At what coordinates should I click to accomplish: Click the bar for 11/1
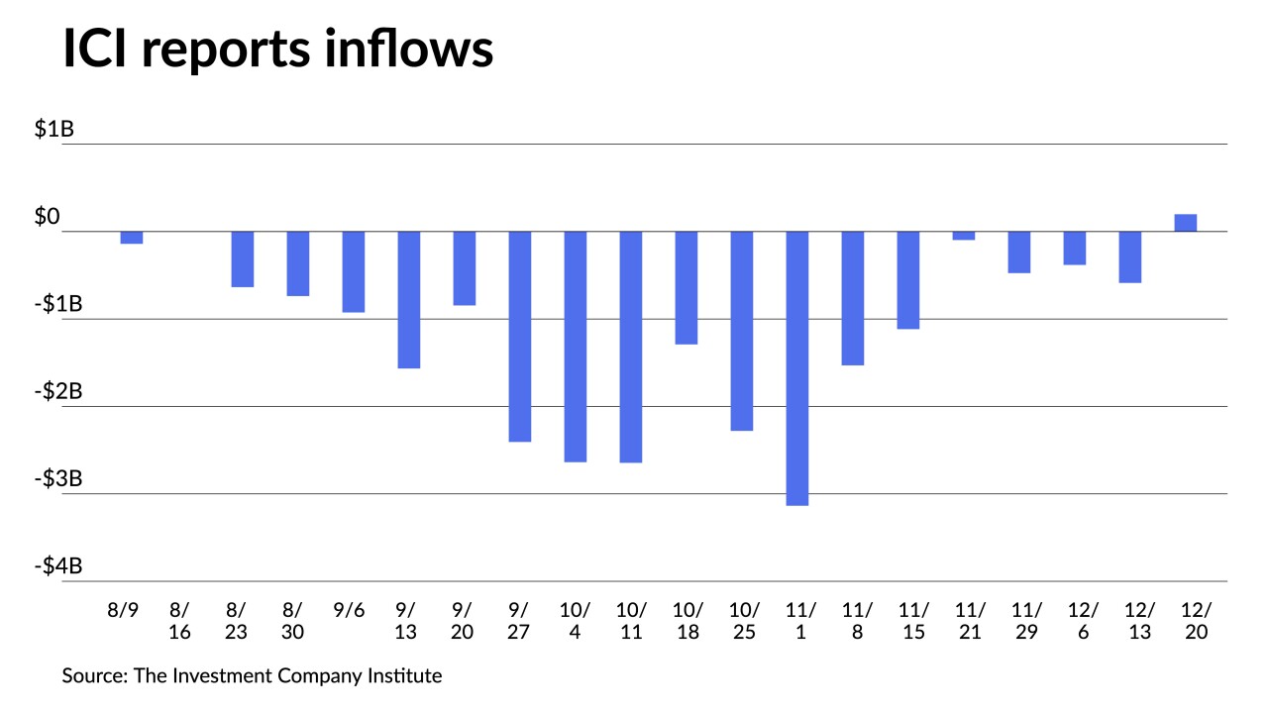797,367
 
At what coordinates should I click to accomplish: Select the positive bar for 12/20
1186,223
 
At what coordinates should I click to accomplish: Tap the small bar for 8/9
132,238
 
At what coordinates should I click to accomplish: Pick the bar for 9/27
520,336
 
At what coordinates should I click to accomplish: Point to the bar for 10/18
687,287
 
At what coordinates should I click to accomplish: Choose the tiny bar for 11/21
964,236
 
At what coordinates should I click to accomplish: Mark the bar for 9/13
409,299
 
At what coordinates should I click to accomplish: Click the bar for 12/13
1130,256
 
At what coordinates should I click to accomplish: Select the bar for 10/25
742,331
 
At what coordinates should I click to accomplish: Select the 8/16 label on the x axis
180,621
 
